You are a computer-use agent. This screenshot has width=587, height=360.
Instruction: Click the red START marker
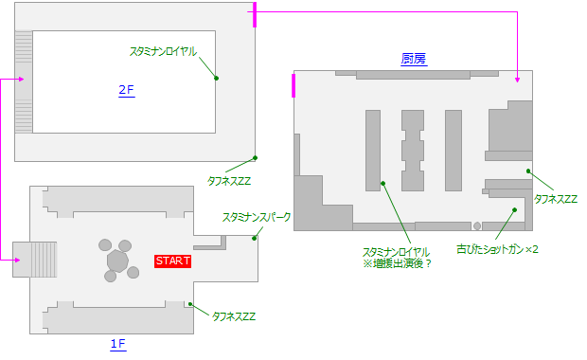coord(173,261)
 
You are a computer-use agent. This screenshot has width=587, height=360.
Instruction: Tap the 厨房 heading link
coord(413,59)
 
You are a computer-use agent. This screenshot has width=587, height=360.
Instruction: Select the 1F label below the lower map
coord(117,344)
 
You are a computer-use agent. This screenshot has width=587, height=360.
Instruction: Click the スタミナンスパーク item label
coord(257,217)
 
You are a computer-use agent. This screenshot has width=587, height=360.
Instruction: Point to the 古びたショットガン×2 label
coord(498,249)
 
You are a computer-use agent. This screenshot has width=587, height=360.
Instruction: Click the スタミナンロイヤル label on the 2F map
coord(164,51)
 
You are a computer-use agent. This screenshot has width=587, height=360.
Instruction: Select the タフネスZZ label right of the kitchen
coord(556,199)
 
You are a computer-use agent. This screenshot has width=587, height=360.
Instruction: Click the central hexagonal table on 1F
coord(117,259)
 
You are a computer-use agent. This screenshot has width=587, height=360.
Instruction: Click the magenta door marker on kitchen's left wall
coord(293,85)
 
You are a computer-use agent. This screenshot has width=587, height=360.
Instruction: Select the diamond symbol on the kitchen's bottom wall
coord(477,226)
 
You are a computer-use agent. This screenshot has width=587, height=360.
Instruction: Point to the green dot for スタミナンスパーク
coord(255,238)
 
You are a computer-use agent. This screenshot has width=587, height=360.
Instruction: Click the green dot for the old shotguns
coord(514,210)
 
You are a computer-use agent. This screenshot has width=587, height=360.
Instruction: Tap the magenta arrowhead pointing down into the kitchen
coord(517,81)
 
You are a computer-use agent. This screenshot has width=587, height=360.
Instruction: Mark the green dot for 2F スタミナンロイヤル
coord(216,78)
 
